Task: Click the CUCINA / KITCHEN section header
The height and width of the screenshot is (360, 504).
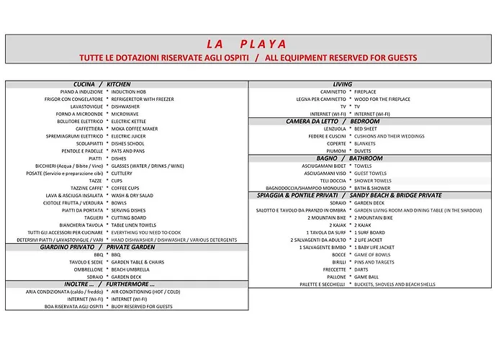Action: [x=102, y=84]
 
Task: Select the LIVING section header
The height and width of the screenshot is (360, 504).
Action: [x=343, y=84]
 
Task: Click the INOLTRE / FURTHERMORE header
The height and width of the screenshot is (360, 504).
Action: [x=109, y=284]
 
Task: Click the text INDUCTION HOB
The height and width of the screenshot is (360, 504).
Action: [x=128, y=92]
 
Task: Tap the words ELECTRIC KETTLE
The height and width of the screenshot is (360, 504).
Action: [x=129, y=122]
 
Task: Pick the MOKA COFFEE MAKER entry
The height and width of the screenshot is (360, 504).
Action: [x=135, y=129]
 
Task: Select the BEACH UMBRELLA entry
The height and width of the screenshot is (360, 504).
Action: [x=130, y=269]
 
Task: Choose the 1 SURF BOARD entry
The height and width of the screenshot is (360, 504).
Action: [x=369, y=233]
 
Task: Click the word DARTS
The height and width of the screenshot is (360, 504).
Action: [x=361, y=269]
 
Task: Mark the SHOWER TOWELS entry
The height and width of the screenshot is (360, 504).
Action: [x=373, y=181]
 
